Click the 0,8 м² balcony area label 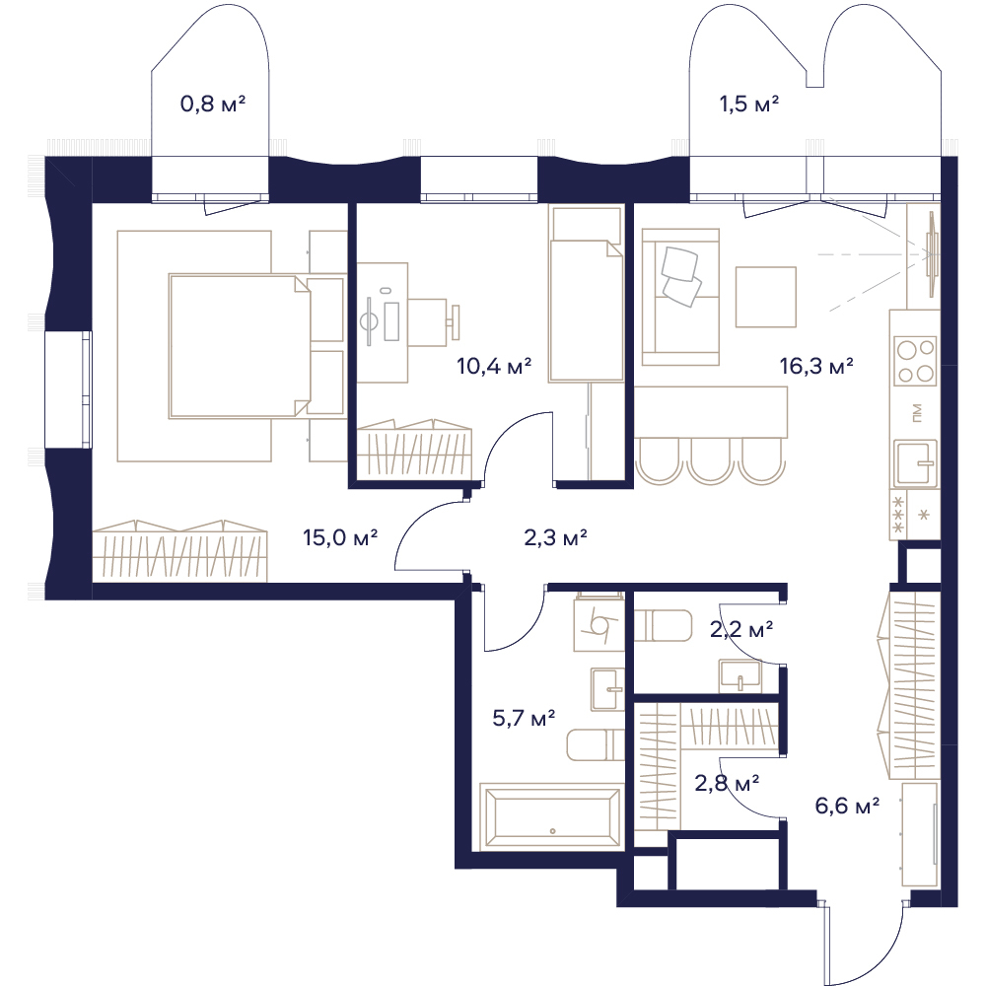point(213,104)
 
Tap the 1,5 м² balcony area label point(749,104)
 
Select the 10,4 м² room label point(494,365)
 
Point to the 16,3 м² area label point(816,365)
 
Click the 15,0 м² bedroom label point(340,537)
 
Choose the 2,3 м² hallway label point(555,537)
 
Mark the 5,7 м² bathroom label point(524,717)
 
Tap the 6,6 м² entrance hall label point(847,805)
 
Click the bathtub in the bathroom point(551,816)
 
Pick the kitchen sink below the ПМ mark point(916,463)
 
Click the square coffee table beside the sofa point(766,297)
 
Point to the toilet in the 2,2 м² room point(663,625)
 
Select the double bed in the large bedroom point(240,345)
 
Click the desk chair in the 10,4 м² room point(434,322)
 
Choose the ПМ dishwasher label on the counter point(916,412)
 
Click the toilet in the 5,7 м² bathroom point(596,745)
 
